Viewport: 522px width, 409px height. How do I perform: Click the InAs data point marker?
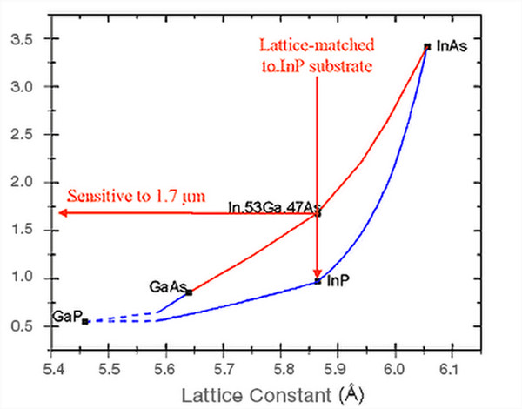tap(426, 46)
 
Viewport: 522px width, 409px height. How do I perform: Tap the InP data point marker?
tap(318, 281)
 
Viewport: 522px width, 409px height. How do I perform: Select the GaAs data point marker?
tap(189, 292)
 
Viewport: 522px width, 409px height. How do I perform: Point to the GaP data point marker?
tap(84, 321)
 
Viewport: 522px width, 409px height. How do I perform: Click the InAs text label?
tap(451, 47)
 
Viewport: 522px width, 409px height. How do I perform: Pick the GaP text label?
tap(66, 317)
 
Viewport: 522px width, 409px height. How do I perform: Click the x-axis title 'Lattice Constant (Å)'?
tap(279, 396)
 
